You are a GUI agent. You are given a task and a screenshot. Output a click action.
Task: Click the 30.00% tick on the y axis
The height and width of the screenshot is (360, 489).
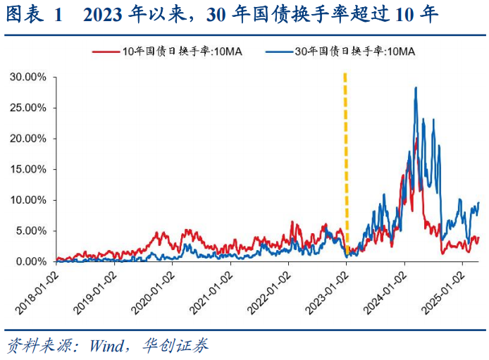[28, 77]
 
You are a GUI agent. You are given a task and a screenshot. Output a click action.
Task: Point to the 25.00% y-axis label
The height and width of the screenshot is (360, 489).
[28, 108]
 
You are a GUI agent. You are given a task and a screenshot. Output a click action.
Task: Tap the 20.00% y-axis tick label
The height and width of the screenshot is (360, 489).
[28, 138]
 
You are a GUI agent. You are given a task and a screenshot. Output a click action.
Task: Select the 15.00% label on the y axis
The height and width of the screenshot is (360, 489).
[28, 169]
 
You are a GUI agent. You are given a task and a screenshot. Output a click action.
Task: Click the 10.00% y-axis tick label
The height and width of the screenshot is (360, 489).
[28, 200]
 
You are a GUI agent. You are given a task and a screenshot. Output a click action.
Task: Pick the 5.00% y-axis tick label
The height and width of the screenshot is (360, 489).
[30, 230]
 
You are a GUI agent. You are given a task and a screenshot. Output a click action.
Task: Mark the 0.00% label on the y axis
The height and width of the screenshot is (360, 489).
[30, 261]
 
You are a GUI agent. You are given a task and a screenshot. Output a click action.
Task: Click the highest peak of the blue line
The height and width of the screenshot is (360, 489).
[416, 88]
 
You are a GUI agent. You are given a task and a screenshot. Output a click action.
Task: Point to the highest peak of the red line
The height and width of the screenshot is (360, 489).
[416, 139]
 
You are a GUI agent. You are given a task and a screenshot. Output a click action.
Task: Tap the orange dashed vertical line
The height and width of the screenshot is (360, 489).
[345, 162]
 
